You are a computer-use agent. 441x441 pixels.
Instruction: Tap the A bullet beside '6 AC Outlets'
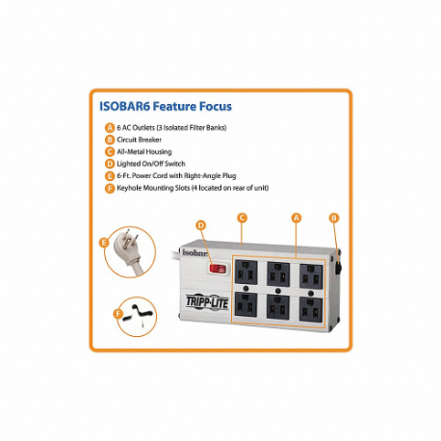tap(108, 128)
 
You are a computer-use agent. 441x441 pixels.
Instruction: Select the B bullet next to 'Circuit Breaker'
tap(108, 140)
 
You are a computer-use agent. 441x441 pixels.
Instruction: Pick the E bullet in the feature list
tap(108, 176)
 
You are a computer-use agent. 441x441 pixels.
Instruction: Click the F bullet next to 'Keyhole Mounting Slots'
tap(108, 189)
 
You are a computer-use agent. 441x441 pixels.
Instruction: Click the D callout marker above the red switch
tap(201, 225)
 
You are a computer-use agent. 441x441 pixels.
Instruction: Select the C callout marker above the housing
tap(243, 218)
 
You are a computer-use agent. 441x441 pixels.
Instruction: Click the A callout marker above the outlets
tap(297, 218)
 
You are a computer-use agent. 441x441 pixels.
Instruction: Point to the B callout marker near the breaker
tap(333, 218)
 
